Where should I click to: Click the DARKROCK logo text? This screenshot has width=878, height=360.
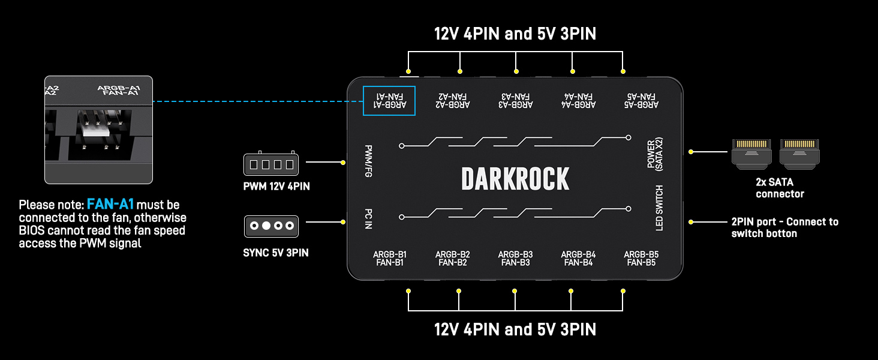point(515,179)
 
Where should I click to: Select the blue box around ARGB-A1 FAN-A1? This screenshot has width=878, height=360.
point(389,100)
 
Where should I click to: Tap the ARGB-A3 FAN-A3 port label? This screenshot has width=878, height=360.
point(515,100)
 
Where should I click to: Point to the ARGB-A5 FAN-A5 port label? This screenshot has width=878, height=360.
point(641,100)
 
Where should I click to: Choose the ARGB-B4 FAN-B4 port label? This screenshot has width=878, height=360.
point(578,259)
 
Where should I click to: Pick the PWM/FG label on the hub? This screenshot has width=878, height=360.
point(368,160)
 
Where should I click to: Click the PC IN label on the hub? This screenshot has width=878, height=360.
point(368,219)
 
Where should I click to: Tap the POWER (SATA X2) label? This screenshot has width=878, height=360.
point(655,154)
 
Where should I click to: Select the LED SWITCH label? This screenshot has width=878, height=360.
point(659,208)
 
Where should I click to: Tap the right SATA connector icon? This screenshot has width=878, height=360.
point(800,154)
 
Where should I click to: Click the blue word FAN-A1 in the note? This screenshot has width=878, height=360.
point(110,205)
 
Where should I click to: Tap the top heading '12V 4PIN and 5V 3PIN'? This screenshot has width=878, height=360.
point(515,34)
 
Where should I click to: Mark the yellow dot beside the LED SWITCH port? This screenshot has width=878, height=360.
point(691,222)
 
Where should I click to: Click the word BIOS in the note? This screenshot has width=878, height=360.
point(32,230)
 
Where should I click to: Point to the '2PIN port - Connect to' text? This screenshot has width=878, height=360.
point(784,222)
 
